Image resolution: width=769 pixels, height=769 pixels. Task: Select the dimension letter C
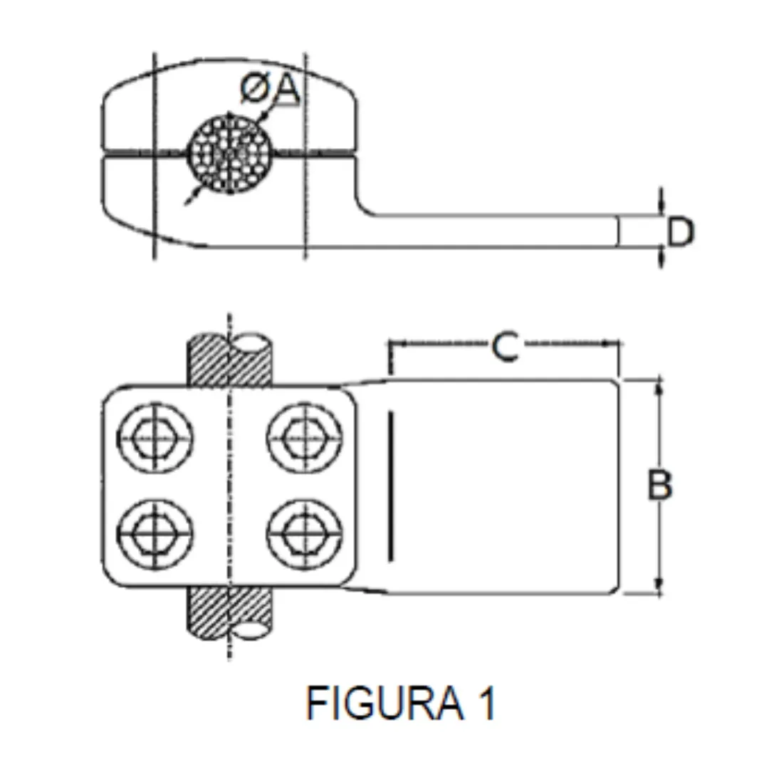[x=505, y=347]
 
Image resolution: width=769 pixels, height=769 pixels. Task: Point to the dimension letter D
[x=681, y=233]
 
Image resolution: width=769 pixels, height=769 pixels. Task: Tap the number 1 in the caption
[x=486, y=703]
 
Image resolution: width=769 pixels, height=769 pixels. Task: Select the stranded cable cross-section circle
[x=229, y=153]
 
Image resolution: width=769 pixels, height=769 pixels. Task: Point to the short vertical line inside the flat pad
[x=390, y=486]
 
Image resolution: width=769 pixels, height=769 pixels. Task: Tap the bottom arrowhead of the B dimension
[x=659, y=588]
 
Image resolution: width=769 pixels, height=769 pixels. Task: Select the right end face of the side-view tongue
[x=618, y=231]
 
